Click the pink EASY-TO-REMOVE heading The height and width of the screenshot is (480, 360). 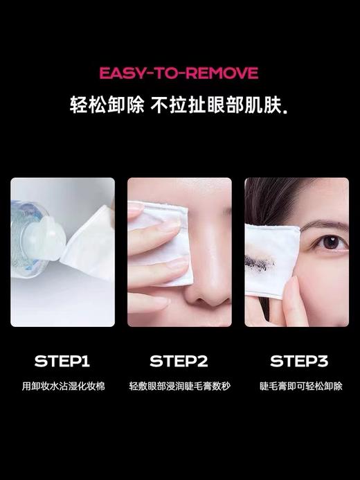click(179, 73)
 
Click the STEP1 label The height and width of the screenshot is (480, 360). click(62, 361)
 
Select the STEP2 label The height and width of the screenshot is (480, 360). click(179, 361)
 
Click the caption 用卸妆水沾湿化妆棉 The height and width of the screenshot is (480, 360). click(62, 386)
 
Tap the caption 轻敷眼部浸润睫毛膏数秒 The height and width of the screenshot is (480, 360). click(179, 386)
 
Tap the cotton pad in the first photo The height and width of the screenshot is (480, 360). click(90, 242)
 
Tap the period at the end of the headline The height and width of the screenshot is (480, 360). click(287, 111)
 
